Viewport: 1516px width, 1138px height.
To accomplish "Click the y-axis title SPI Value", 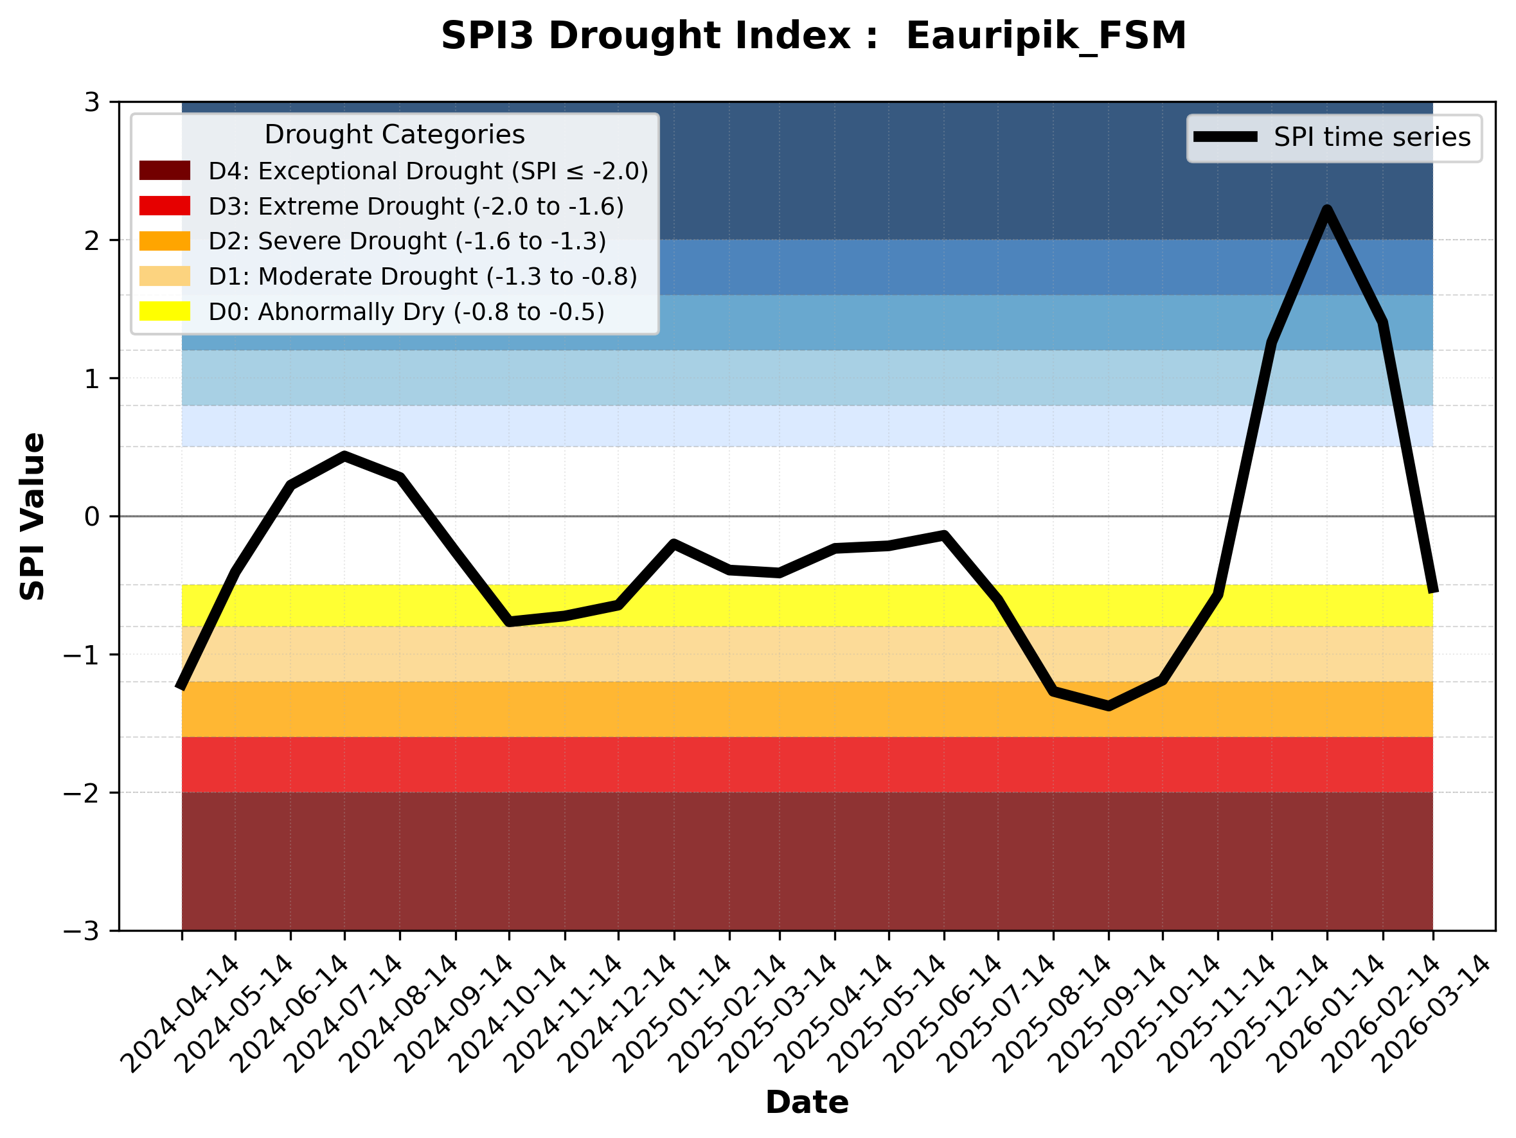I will (32, 517).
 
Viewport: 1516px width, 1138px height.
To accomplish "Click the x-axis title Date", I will (807, 1103).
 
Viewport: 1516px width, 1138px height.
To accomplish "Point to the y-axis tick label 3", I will (92, 103).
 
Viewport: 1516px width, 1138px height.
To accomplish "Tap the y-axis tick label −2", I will (82, 794).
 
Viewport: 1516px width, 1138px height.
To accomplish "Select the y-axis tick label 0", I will (92, 517).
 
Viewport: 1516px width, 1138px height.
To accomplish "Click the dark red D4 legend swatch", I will (165, 170).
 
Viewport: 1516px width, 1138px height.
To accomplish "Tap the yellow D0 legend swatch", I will (165, 311).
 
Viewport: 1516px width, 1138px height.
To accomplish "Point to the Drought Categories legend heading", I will (394, 135).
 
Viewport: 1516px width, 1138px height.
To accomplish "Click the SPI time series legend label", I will (1372, 138).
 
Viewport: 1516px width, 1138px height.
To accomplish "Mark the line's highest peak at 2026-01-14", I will (1328, 209).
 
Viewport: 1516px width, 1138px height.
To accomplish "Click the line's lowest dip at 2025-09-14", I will (1108, 706).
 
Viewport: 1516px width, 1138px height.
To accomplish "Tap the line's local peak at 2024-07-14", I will (344, 456).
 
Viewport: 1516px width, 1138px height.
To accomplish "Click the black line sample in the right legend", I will (1226, 137).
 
